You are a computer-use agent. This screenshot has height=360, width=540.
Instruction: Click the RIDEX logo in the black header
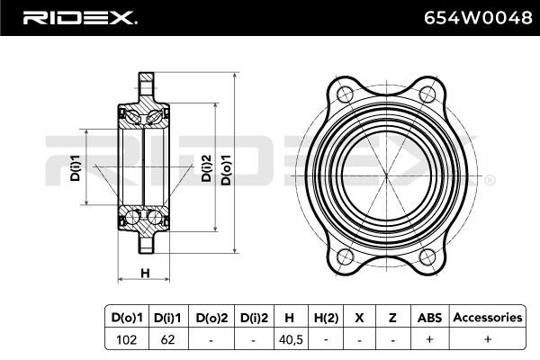pyautogui.click(x=80, y=18)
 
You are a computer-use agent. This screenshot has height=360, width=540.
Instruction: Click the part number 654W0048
pyautogui.click(x=478, y=18)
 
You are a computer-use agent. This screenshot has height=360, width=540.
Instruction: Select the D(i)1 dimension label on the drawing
pyautogui.click(x=75, y=167)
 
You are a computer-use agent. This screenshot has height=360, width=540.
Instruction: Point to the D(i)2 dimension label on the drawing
pyautogui.click(x=206, y=167)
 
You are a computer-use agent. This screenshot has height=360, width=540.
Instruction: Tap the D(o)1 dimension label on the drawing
pyautogui.click(x=226, y=169)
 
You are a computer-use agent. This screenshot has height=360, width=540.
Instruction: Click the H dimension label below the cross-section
pyautogui.click(x=145, y=274)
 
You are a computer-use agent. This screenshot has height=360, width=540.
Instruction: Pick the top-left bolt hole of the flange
pyautogui.click(x=345, y=94)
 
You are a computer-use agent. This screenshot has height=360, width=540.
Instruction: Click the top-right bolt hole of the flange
pyautogui.click(x=427, y=94)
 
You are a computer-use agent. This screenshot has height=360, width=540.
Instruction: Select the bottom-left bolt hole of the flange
pyautogui.click(x=345, y=257)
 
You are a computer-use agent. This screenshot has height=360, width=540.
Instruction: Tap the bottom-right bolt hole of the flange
pyautogui.click(x=427, y=257)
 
